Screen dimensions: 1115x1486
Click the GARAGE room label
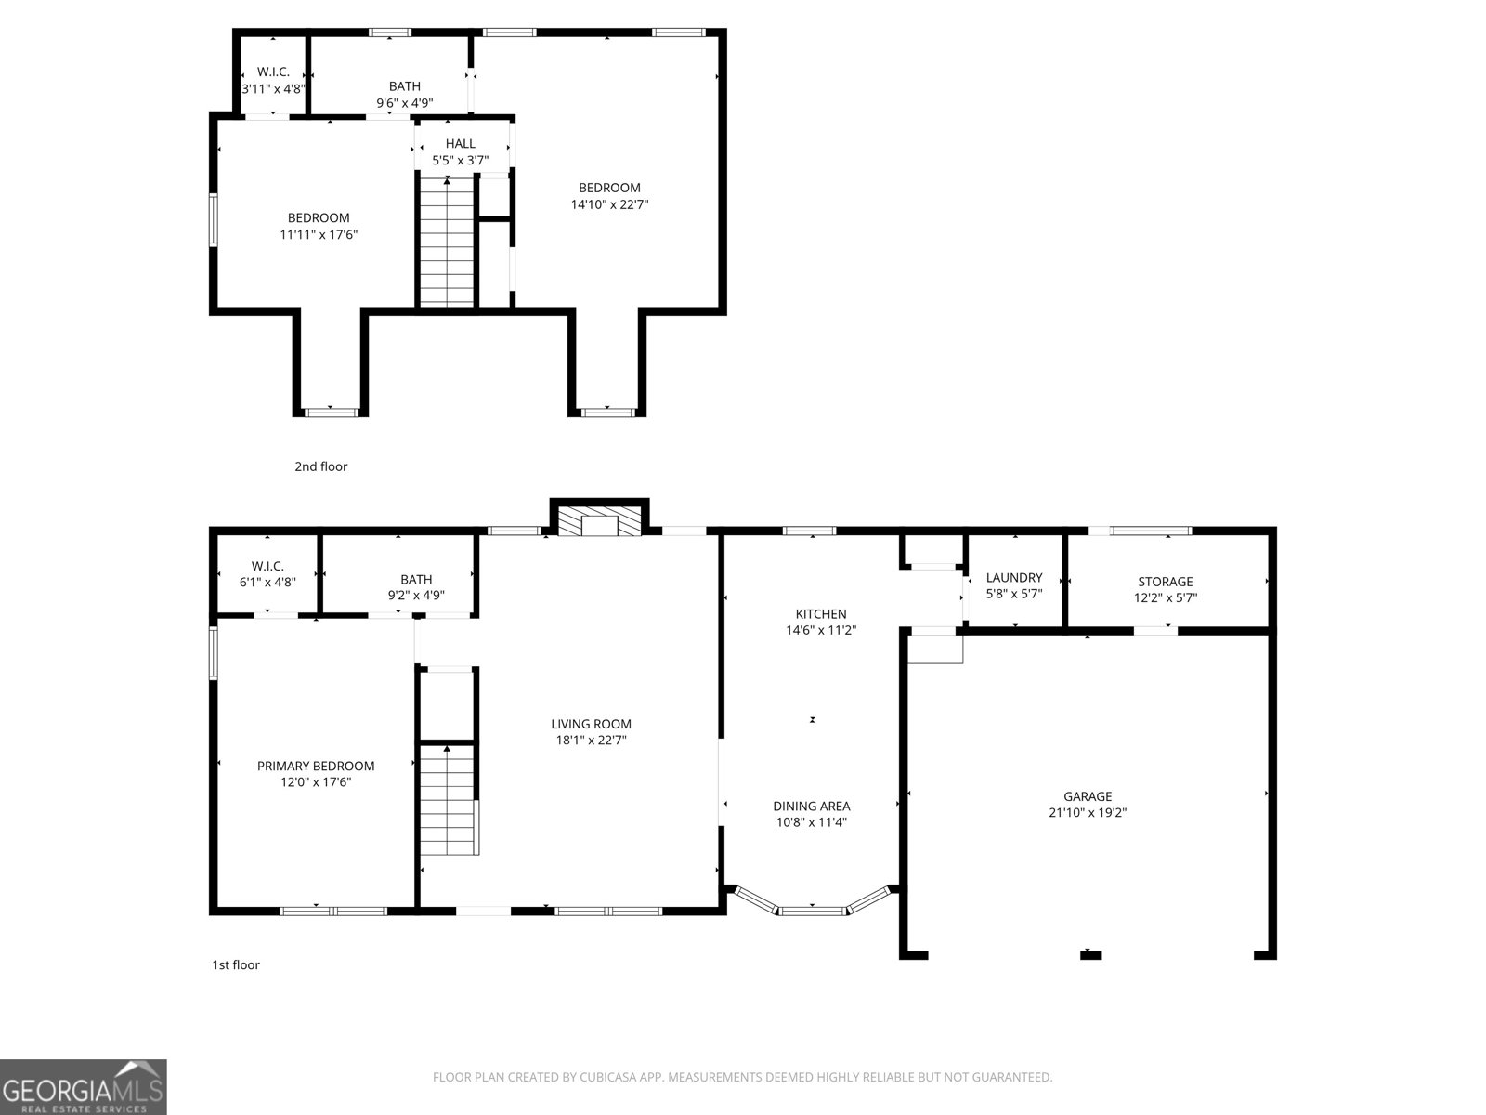(x=1088, y=796)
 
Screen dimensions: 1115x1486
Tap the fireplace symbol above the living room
(x=600, y=523)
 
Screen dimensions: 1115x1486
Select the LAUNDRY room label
(x=1014, y=578)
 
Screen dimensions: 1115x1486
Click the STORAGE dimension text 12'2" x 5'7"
(x=1166, y=598)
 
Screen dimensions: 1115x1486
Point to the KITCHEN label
(x=821, y=614)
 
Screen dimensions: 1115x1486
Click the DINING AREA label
(x=812, y=807)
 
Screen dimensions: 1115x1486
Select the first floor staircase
(x=449, y=801)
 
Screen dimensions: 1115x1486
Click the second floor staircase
(x=448, y=243)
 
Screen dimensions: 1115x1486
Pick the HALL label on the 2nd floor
(x=460, y=144)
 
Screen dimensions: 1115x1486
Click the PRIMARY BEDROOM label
(x=316, y=767)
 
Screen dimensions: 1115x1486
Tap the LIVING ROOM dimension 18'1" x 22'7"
(x=591, y=741)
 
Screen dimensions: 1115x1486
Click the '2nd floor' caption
(x=321, y=466)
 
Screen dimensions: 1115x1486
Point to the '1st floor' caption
(x=236, y=964)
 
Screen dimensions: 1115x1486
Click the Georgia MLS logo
(x=83, y=1086)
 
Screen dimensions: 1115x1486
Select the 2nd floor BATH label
(x=404, y=86)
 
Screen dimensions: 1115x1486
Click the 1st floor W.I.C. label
(x=267, y=566)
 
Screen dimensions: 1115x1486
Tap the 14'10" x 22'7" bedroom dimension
(x=609, y=204)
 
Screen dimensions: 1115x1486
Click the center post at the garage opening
(x=1090, y=954)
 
